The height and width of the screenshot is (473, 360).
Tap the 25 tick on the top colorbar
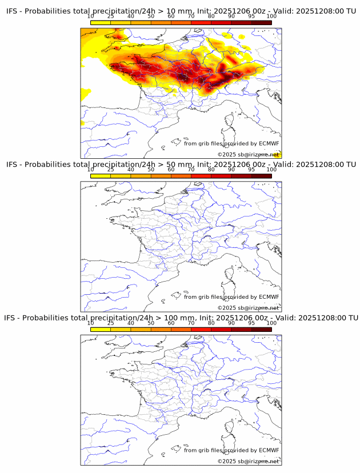(x=111, y=16)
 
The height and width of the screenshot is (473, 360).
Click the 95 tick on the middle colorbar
(x=251, y=169)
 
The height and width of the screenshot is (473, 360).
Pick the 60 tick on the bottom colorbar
(x=171, y=323)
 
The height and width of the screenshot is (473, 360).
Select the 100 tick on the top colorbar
(x=271, y=16)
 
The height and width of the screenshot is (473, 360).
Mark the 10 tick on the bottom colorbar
(x=91, y=323)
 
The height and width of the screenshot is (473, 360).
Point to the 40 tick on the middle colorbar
(x=131, y=169)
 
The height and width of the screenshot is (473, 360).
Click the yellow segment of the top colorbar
(x=101, y=22)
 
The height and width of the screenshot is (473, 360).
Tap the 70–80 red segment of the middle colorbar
(x=201, y=175)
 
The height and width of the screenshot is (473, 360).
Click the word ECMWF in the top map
(x=269, y=143)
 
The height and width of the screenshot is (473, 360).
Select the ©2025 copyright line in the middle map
(x=248, y=308)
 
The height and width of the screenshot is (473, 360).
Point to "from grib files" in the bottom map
(x=203, y=450)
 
